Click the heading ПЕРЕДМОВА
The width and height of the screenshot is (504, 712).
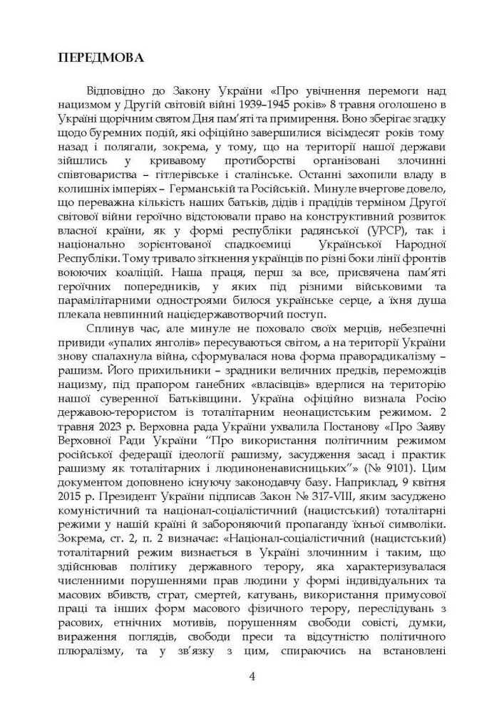click(100, 58)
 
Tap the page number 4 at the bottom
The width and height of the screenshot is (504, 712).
click(252, 676)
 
